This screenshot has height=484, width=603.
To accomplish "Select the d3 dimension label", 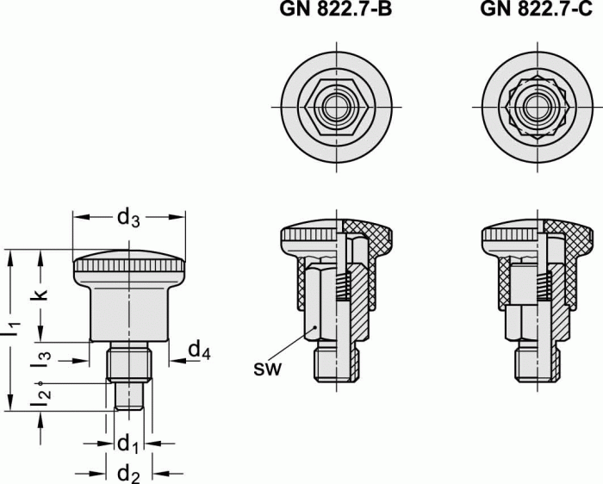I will click(x=128, y=219).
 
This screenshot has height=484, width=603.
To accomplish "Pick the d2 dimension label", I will click(x=128, y=472).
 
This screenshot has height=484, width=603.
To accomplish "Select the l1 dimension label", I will click(x=11, y=327).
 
